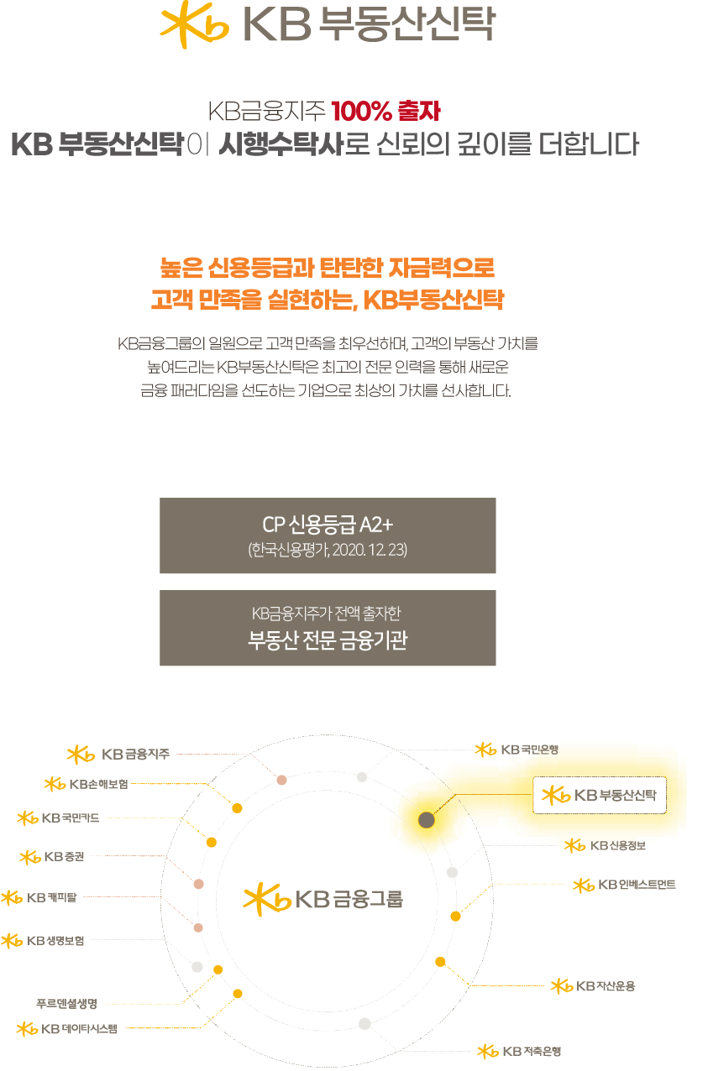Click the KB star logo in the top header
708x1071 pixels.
194,25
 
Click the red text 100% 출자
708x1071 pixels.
385,111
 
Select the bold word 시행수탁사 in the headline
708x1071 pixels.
281,144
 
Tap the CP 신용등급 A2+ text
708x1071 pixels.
328,525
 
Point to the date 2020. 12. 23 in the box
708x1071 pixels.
370,550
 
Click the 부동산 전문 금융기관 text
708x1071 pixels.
328,640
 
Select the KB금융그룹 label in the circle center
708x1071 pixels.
323,899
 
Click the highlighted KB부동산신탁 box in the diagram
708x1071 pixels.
600,795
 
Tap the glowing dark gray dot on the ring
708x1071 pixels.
427,820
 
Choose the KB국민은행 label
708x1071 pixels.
517,750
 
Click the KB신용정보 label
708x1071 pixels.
606,845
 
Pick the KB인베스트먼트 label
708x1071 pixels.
624,885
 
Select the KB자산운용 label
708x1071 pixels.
593,986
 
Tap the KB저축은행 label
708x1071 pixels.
519,1052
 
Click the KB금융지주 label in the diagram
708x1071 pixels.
118,755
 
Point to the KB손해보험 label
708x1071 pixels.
87,784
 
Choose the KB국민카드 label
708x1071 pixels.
58,818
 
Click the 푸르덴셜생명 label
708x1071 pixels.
67,1004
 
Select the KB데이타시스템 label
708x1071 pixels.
67,1028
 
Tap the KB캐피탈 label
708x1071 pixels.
39,897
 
